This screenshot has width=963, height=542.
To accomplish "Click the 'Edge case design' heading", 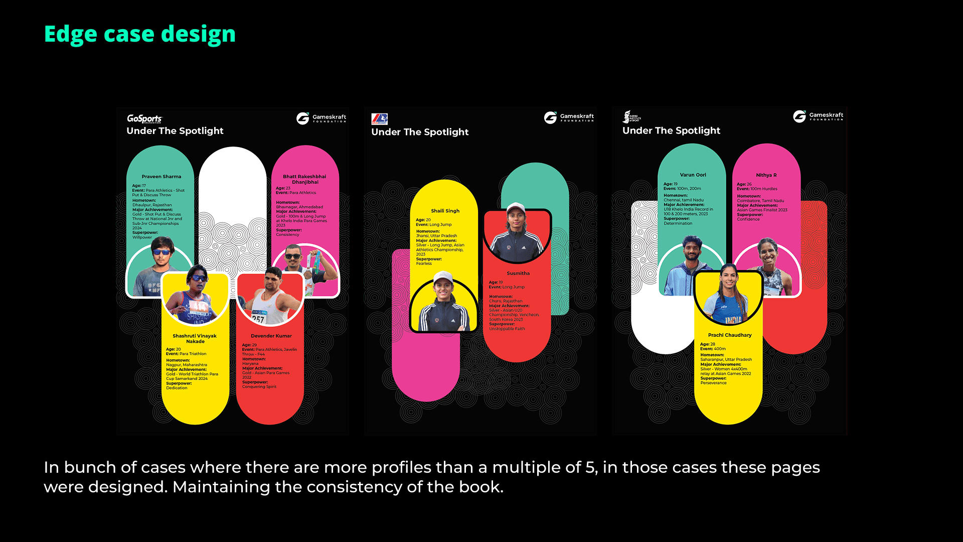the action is [139, 34].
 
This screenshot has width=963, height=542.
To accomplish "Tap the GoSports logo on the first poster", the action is [144, 118].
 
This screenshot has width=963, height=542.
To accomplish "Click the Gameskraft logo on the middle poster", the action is [569, 117].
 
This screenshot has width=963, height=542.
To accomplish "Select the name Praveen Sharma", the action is [161, 177].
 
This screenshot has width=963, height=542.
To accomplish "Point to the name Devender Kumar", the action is [271, 336].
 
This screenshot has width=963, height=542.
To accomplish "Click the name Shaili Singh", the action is [445, 211].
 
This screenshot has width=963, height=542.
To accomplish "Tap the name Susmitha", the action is [518, 274].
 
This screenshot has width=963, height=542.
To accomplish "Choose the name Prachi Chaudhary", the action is [729, 335].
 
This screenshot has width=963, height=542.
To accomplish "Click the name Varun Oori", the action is [693, 175].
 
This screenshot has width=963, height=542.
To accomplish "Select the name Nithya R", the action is [766, 175].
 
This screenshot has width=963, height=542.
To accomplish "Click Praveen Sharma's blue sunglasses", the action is [161, 252].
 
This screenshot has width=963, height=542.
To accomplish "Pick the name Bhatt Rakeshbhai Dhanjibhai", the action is [304, 179].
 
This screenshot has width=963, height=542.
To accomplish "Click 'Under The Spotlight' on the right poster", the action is [671, 130].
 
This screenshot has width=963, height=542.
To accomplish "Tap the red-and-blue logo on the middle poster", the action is [379, 119].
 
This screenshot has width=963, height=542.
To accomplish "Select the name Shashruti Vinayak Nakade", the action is [195, 338].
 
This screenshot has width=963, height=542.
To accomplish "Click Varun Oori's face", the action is [692, 250].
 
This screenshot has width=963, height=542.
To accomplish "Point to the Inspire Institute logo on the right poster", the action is [631, 117].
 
